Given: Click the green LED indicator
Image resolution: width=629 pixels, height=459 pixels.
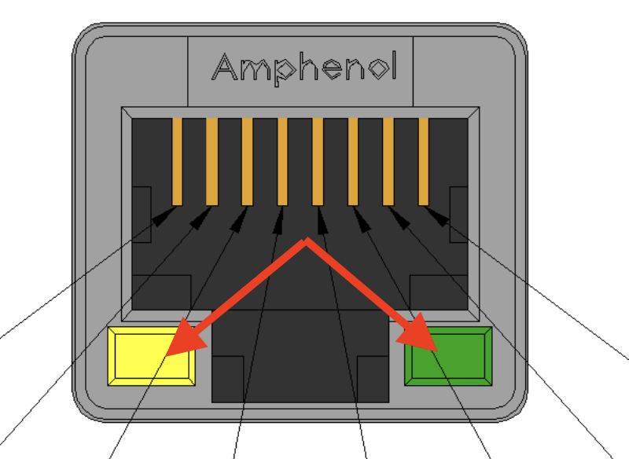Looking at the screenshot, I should [x=448, y=356].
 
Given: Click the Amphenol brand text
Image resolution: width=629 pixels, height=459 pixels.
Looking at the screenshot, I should [x=304, y=68].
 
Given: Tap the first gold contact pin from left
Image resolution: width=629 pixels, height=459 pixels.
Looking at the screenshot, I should [x=177, y=160].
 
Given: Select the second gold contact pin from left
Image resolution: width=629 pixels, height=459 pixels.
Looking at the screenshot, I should [x=212, y=160].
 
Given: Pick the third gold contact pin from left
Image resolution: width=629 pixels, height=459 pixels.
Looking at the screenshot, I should [x=247, y=160].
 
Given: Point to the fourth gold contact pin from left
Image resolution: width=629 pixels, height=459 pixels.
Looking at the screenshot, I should [x=282, y=160].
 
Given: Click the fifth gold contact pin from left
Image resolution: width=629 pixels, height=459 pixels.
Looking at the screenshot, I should [x=318, y=160].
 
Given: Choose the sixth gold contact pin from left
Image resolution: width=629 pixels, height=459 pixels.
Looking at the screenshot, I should [x=353, y=160].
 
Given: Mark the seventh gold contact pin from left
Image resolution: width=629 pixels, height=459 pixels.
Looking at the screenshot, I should [x=388, y=160].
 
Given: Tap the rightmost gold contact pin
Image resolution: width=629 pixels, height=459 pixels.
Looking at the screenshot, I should [x=424, y=160].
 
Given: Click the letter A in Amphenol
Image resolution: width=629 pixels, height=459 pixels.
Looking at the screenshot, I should [x=226, y=68].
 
